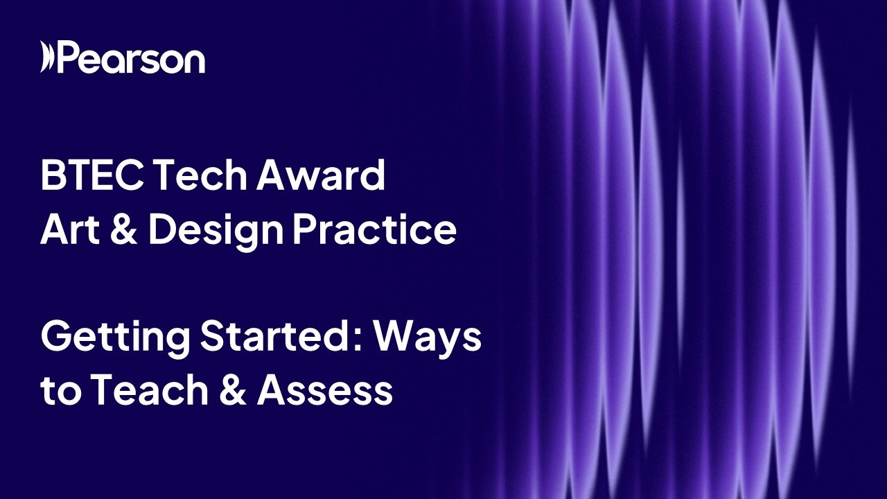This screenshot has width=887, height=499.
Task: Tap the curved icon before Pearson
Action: [47, 57]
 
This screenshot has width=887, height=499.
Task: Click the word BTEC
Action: [91, 176]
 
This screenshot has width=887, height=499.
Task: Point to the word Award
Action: [321, 176]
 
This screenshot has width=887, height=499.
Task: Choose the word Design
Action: [216, 231]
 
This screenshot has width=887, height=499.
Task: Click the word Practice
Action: [374, 230]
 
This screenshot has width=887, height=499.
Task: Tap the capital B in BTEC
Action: [52, 176]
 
